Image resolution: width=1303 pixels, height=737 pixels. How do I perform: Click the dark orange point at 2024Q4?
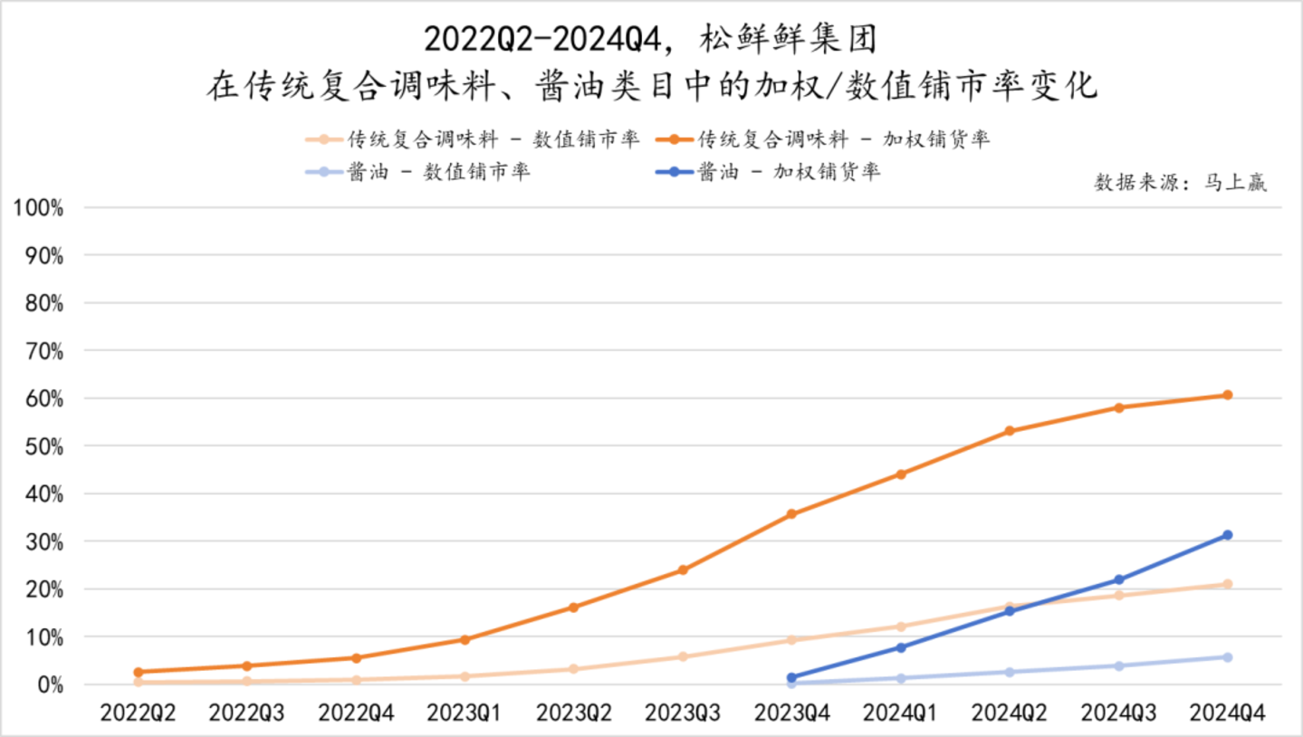(1227, 395)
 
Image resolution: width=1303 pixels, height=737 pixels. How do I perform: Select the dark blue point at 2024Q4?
(1227, 535)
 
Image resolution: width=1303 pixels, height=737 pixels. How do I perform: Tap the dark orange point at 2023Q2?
(573, 608)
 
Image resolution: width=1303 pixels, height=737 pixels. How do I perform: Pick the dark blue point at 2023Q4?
(791, 677)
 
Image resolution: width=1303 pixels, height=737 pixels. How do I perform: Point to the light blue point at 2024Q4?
(1227, 657)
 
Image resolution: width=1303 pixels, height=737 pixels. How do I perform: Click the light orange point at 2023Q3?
(683, 656)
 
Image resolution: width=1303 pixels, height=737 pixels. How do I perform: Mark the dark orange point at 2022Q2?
(138, 672)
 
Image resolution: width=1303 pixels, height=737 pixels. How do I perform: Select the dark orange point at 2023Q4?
(791, 514)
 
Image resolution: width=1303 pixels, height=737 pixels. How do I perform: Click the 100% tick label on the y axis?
(38, 208)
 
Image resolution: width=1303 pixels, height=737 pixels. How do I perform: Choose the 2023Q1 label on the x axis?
(465, 713)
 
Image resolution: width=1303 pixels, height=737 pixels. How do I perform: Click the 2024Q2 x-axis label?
(1009, 713)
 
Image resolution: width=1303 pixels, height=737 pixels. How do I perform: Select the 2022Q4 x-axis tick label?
(356, 713)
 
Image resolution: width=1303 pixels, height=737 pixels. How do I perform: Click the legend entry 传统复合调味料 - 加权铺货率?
(843, 139)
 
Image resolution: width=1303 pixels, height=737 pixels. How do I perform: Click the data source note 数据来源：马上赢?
(1180, 182)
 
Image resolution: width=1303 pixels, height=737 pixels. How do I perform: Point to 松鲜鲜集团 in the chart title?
(787, 39)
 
